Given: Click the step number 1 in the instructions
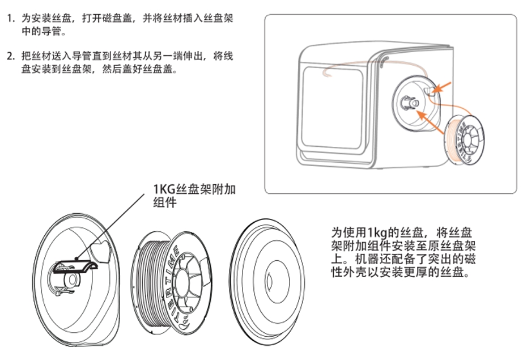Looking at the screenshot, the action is click(x=10, y=19).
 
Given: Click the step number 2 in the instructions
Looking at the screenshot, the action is click(x=10, y=57).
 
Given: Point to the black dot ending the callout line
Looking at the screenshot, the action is click(x=75, y=259).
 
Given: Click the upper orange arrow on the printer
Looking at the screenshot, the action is click(x=443, y=87).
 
